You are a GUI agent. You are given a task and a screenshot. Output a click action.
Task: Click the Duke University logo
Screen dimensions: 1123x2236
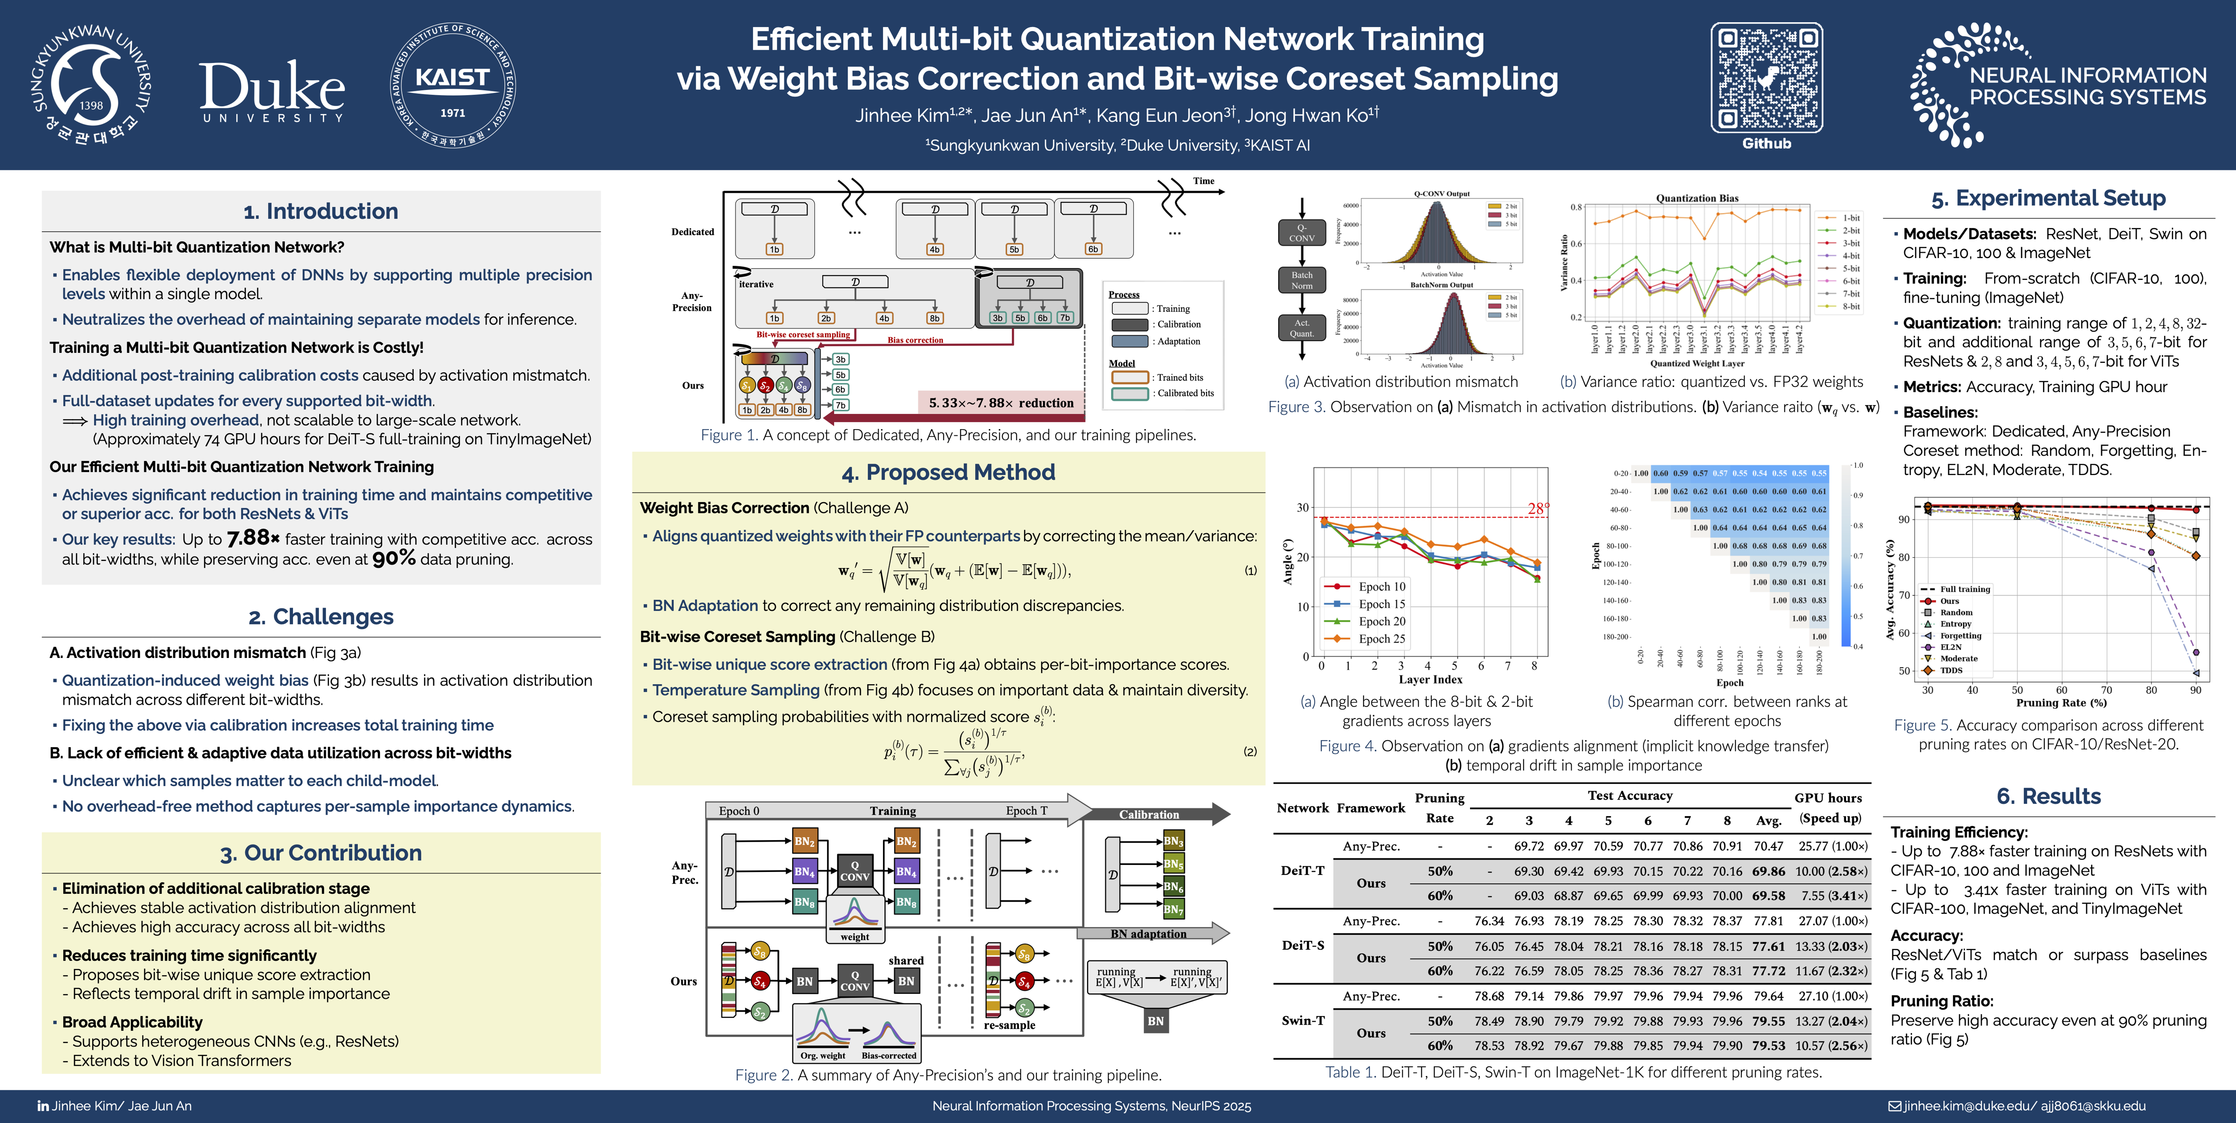tap(272, 90)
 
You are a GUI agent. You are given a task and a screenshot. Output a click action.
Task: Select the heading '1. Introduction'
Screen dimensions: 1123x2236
tap(320, 211)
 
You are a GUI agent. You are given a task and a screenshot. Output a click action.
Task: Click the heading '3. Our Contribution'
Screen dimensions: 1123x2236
tap(320, 853)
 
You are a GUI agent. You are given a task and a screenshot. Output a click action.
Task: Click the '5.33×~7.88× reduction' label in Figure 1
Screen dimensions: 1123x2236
tap(1001, 403)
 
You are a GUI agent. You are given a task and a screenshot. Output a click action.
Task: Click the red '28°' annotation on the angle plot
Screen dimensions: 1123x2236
tap(1537, 509)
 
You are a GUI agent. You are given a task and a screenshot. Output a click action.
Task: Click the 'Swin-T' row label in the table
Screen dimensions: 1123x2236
tap(1302, 1020)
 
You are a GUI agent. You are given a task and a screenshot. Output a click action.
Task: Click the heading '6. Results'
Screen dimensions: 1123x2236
tap(2049, 797)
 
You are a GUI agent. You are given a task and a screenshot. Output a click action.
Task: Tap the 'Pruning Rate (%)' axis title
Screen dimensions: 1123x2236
tap(2061, 703)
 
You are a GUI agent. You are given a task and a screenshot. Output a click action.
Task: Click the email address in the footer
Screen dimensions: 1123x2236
tap(2022, 1106)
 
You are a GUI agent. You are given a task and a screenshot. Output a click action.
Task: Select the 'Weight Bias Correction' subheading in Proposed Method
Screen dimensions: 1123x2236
tap(724, 508)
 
